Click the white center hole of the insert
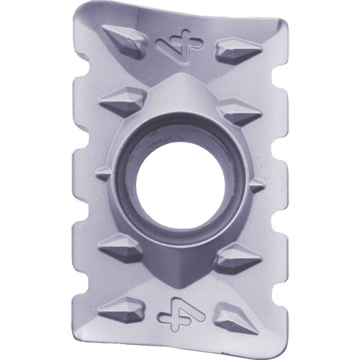click(180, 186)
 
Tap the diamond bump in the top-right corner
click(238, 50)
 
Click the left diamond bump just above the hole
click(123, 102)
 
